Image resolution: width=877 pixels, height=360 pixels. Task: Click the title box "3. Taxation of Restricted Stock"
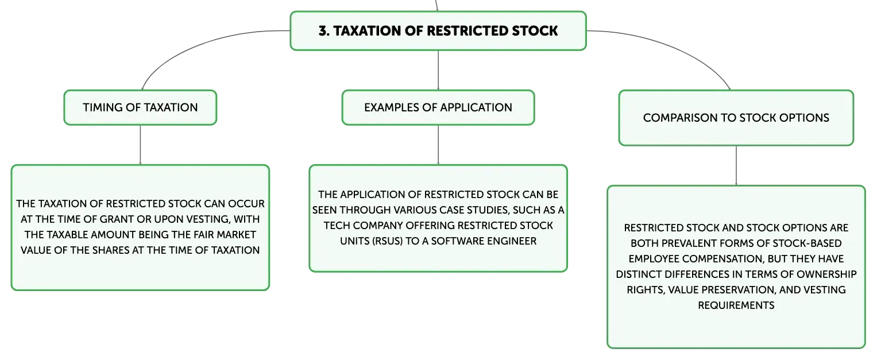click(x=438, y=31)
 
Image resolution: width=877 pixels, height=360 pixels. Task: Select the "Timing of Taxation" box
click(x=140, y=107)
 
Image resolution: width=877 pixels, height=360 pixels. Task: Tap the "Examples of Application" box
click(x=438, y=107)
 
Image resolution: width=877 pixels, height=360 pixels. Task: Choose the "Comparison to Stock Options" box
click(x=736, y=118)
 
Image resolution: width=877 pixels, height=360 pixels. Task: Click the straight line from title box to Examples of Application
click(x=438, y=71)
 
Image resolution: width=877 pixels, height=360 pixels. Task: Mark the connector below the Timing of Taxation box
click(x=140, y=145)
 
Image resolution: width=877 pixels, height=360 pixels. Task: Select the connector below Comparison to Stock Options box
click(x=736, y=166)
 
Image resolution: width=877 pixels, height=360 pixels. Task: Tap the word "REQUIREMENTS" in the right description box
click(x=736, y=305)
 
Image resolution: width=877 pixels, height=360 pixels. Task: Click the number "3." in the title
click(x=324, y=31)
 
